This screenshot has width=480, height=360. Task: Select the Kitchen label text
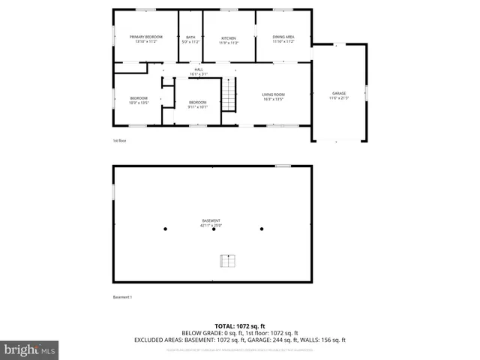pos(228,39)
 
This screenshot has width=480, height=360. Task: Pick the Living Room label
pos(273,95)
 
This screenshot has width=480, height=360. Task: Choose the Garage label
pos(339,95)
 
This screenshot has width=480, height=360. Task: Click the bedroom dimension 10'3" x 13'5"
pos(139,103)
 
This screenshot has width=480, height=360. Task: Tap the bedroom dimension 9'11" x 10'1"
pos(197,106)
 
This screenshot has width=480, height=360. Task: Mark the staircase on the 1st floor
pos(229,96)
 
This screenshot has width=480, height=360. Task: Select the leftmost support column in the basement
pos(166,229)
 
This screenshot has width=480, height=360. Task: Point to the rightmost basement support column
pos(262,229)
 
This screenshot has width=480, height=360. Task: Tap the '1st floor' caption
pos(120,140)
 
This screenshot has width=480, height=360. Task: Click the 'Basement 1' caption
pos(122,298)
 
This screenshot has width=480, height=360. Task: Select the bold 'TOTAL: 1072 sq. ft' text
pos(240,326)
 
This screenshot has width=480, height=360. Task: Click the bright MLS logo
pos(30,349)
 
